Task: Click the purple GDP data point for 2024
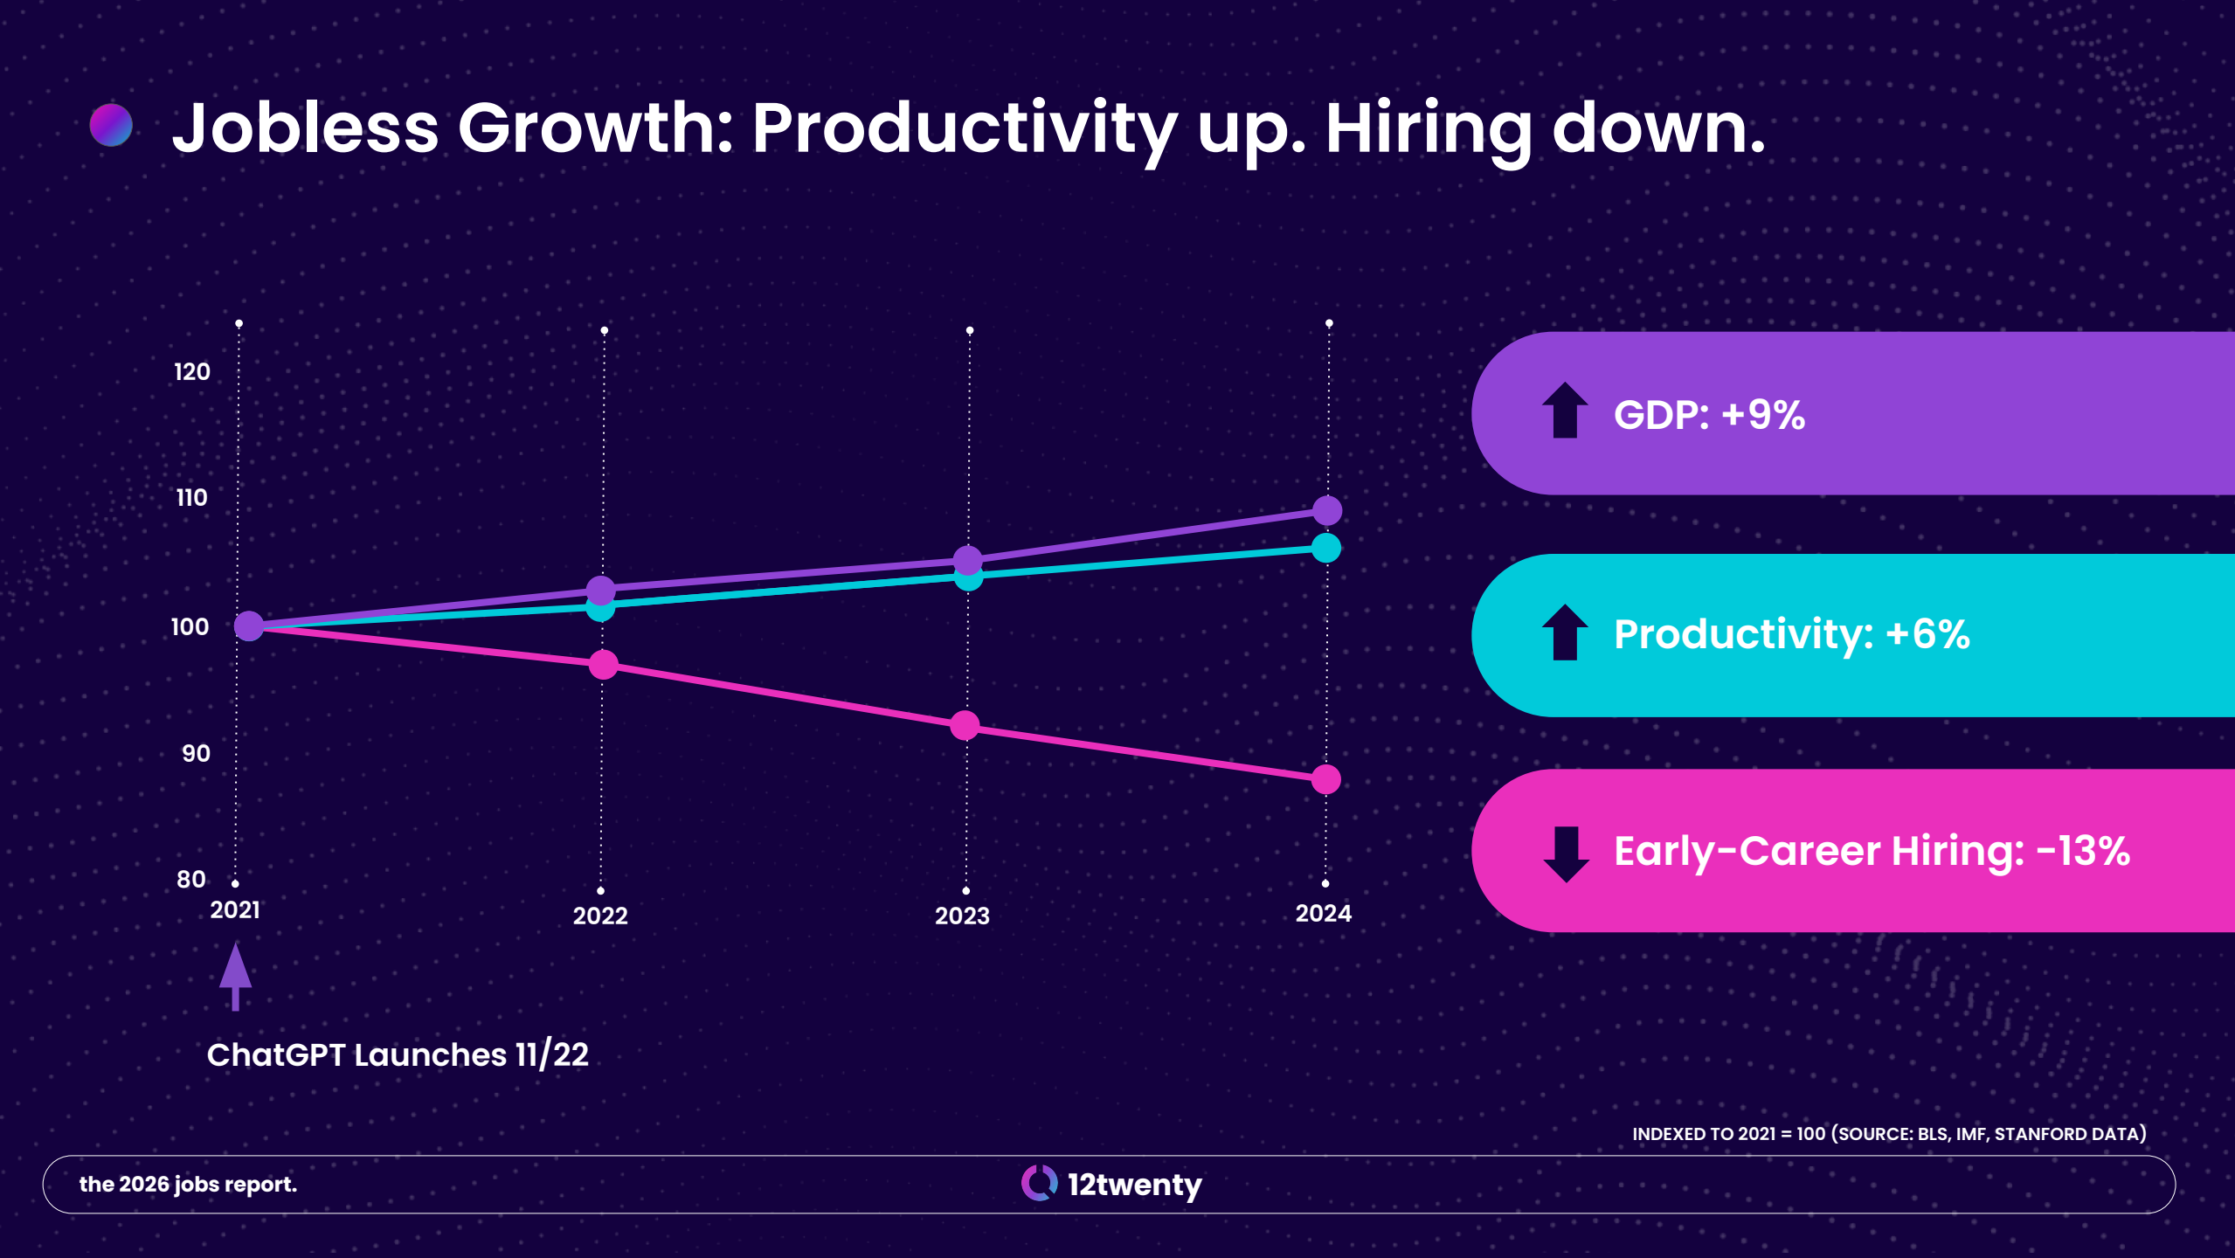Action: click(x=1327, y=510)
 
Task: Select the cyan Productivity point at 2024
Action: click(x=1326, y=548)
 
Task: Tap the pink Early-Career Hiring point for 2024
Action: click(x=1326, y=779)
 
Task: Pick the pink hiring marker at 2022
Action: click(x=603, y=665)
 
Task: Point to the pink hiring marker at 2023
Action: click(x=965, y=725)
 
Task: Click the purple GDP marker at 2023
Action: click(x=967, y=560)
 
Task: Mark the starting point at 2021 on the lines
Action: click(x=249, y=626)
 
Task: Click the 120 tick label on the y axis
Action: click(x=192, y=372)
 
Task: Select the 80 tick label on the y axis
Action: click(x=191, y=880)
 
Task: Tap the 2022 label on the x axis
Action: click(x=600, y=916)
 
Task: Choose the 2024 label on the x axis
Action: click(x=1324, y=913)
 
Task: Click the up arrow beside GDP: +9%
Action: click(x=1565, y=410)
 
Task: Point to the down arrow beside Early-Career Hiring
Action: click(x=1566, y=854)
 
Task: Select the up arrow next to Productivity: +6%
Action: click(x=1565, y=632)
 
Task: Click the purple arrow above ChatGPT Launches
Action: click(x=235, y=976)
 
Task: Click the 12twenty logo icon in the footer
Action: click(x=1039, y=1183)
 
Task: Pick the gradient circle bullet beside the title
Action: click(x=111, y=125)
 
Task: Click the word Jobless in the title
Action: click(x=305, y=128)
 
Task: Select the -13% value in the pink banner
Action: click(x=2083, y=851)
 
